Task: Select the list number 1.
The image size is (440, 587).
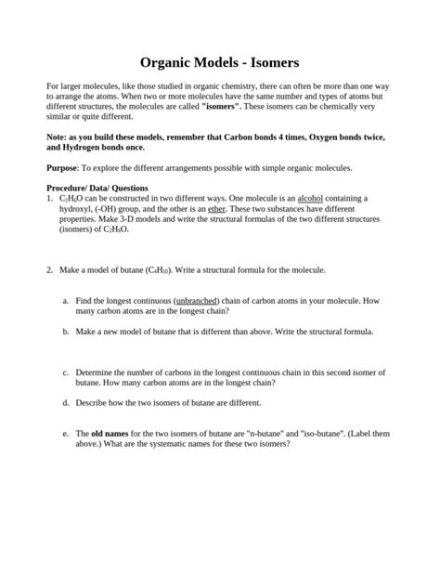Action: click(49, 199)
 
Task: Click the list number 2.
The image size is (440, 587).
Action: click(49, 269)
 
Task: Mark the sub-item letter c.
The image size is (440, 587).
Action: click(65, 372)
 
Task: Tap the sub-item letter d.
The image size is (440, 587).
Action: click(65, 403)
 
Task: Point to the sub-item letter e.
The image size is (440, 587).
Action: click(65, 434)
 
